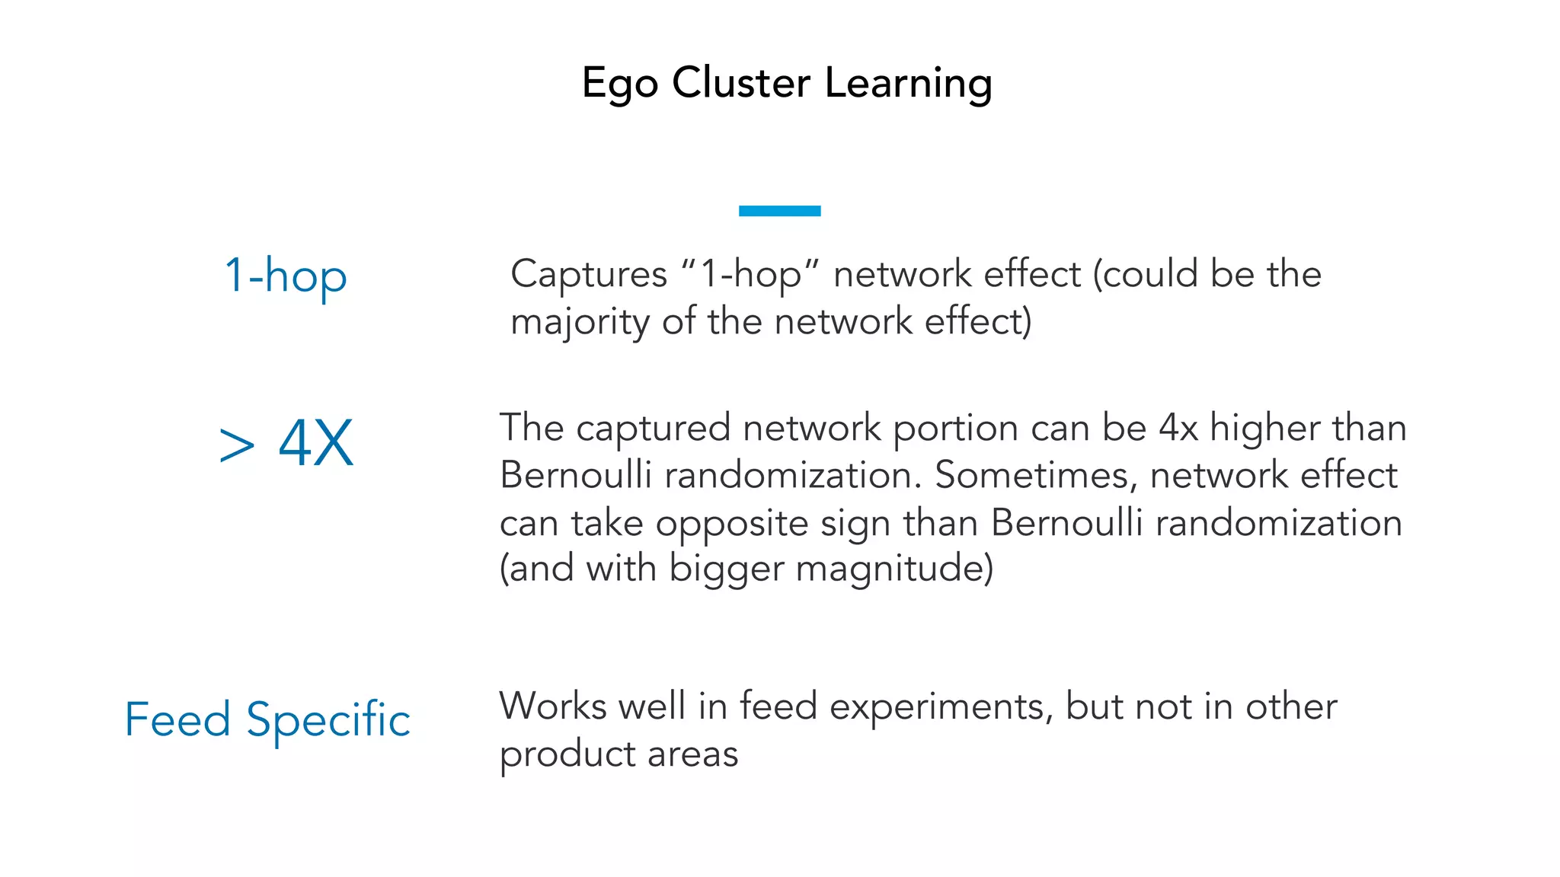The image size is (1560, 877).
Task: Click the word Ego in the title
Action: (x=619, y=83)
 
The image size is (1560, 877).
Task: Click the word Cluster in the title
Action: (x=741, y=82)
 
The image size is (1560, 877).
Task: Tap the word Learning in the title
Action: (x=908, y=83)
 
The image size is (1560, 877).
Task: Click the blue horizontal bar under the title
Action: (x=779, y=211)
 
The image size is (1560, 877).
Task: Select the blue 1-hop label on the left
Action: (x=286, y=275)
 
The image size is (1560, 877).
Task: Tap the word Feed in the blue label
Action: (x=177, y=719)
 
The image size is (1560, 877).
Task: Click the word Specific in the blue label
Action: (x=328, y=719)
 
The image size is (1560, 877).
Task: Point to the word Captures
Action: (x=588, y=274)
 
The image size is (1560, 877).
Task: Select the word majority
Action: (x=580, y=322)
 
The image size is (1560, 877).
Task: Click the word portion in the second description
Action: (x=955, y=428)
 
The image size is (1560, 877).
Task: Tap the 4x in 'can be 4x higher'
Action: (x=1178, y=428)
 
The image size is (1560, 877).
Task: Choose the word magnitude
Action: (x=894, y=569)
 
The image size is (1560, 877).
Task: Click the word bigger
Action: (x=726, y=569)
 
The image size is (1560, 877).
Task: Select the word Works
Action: (x=553, y=706)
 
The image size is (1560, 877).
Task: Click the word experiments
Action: (x=941, y=707)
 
